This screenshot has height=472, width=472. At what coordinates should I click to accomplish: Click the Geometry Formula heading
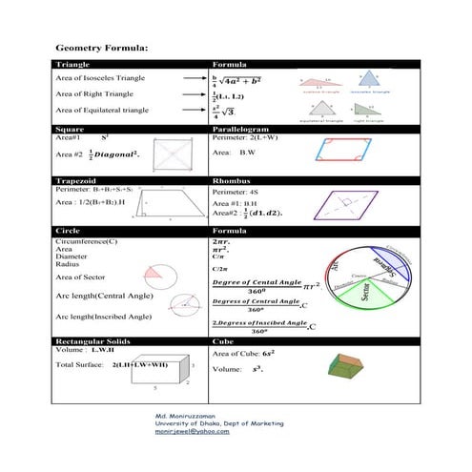point(101,47)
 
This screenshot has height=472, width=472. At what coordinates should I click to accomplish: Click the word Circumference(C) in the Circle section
point(87,242)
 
